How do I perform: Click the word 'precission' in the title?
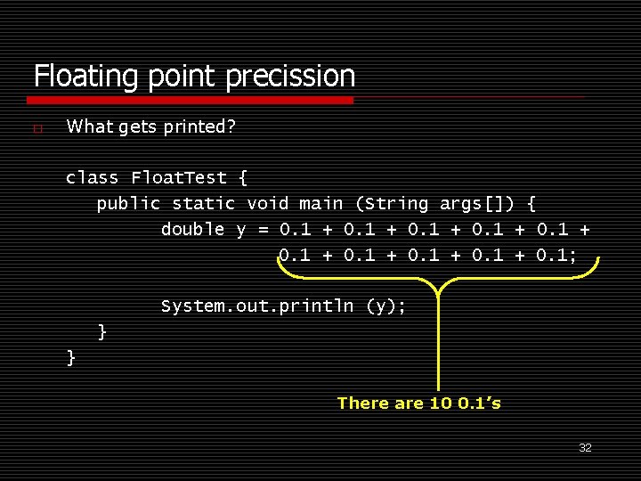(x=290, y=76)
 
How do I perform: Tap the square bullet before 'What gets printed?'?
(x=37, y=128)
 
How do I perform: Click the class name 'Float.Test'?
(x=178, y=177)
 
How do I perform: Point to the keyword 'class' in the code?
(x=92, y=177)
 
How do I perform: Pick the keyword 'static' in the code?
(x=204, y=203)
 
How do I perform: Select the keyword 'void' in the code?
(x=268, y=203)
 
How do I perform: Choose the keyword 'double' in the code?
(x=192, y=229)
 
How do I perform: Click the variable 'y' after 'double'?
(x=240, y=230)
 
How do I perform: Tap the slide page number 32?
(x=585, y=447)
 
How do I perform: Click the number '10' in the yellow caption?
(x=440, y=404)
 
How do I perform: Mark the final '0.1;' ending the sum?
(x=556, y=256)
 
